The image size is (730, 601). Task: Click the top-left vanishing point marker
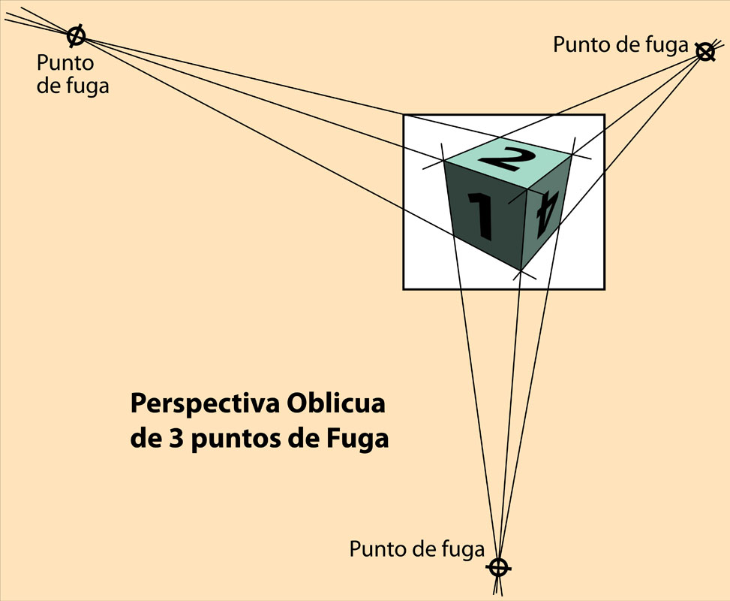point(77,35)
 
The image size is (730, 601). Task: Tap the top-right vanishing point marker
point(704,52)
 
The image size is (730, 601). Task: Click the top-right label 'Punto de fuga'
point(620,45)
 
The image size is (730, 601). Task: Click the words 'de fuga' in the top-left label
point(73,86)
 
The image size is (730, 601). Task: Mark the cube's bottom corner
point(521,270)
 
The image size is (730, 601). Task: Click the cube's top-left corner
point(444,162)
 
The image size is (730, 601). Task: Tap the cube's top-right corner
point(572,156)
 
